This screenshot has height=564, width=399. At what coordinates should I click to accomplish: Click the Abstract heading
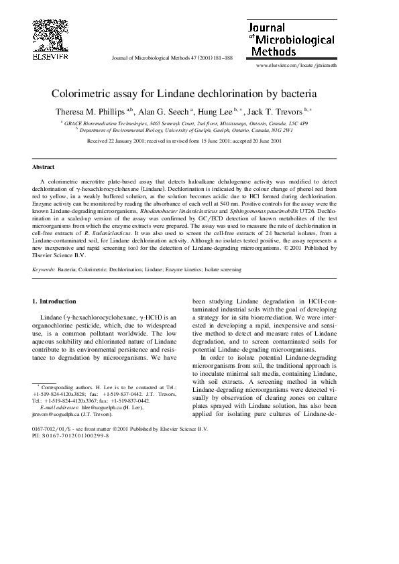point(44,167)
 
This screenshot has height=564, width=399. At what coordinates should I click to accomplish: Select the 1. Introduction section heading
point(55,301)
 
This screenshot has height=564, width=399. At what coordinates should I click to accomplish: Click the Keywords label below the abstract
point(44,269)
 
